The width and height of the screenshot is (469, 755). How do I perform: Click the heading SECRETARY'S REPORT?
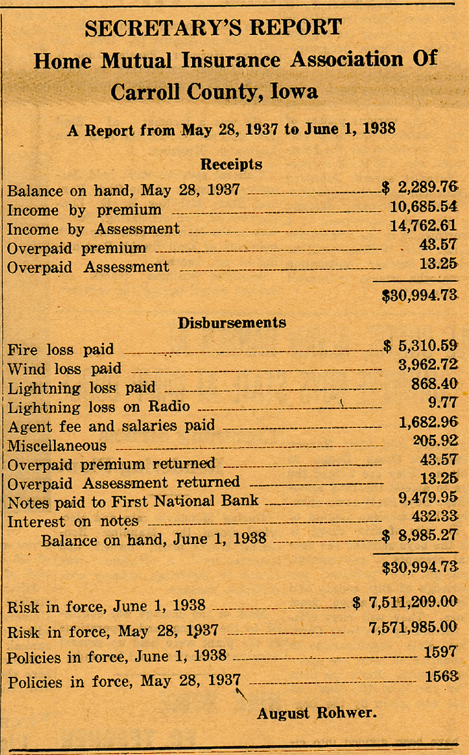[213, 28]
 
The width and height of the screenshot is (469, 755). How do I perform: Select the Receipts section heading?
[231, 164]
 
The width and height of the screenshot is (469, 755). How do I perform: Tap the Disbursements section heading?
[231, 323]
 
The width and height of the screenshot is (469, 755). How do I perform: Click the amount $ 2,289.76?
[419, 187]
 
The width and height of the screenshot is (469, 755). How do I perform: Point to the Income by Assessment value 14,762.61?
[423, 227]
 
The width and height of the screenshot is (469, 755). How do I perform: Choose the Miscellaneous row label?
[57, 446]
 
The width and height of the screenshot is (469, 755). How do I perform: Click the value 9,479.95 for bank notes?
[429, 500]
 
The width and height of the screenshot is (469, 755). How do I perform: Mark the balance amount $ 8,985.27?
[420, 537]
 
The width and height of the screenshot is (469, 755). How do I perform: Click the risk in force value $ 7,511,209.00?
[405, 603]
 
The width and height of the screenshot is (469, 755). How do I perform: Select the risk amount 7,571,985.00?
[413, 628]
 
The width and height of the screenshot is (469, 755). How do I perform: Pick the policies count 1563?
[441, 677]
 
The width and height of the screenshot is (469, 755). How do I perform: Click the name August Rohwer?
[307, 713]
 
